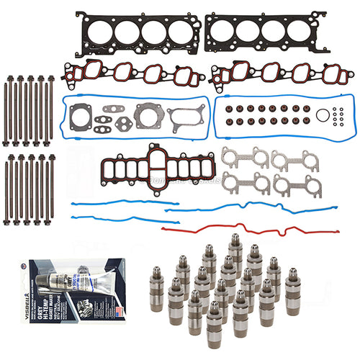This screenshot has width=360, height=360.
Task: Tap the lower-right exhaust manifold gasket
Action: point(292,184)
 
